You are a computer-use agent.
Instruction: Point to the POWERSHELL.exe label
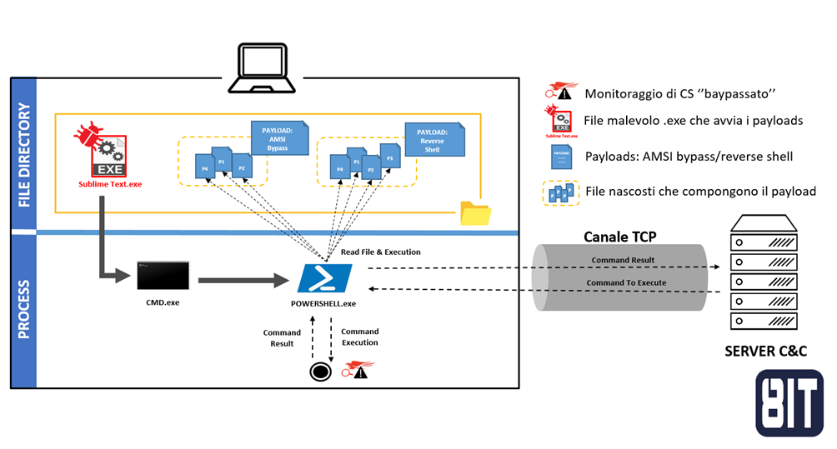(324, 303)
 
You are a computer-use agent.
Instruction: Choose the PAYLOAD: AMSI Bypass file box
(278, 137)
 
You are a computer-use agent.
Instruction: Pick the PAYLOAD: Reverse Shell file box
(432, 138)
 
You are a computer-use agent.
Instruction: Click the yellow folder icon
(476, 212)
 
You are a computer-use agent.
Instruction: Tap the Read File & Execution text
(379, 252)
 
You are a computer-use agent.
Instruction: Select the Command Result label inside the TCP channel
(623, 260)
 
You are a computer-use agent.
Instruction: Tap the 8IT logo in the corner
(789, 403)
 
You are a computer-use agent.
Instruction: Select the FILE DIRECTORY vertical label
(23, 155)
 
